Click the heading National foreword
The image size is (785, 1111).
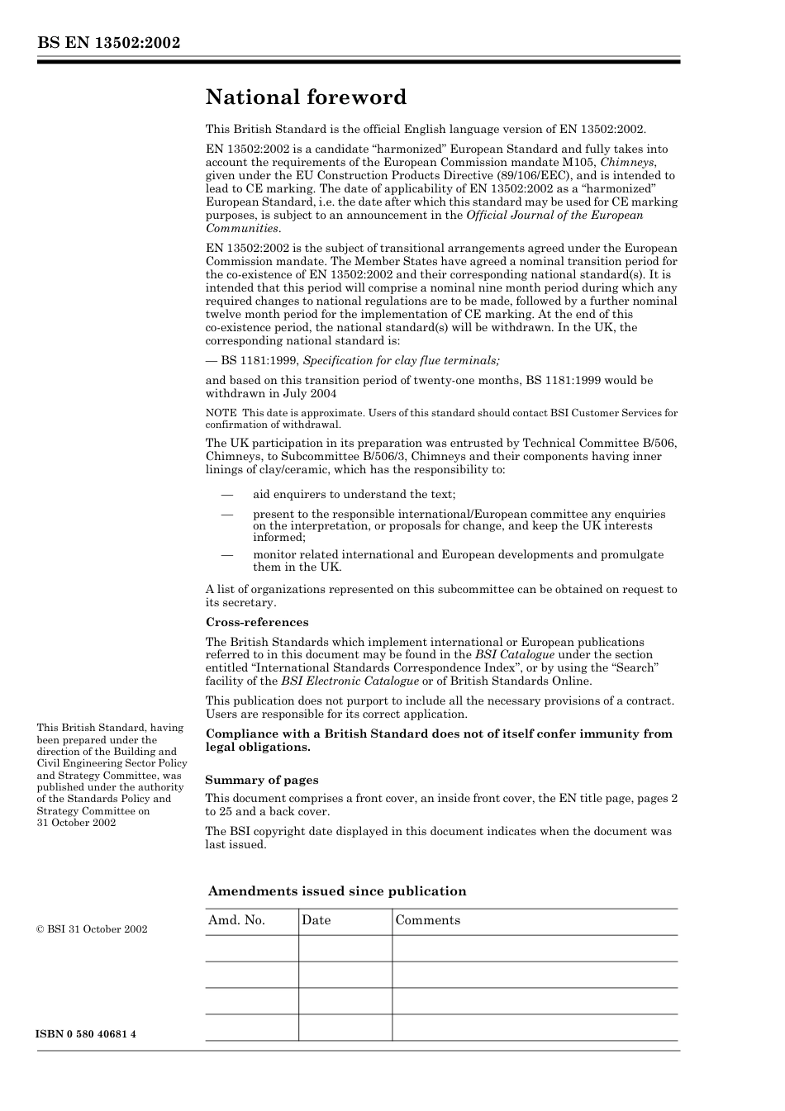click(306, 97)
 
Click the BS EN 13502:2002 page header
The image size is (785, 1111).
click(108, 43)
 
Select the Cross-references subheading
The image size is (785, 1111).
click(256, 622)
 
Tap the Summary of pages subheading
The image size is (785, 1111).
click(261, 780)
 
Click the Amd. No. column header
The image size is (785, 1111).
click(236, 920)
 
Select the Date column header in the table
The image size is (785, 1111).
click(316, 920)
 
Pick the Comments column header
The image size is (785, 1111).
click(427, 920)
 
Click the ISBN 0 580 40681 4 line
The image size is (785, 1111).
click(87, 1034)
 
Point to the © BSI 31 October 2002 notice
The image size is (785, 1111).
click(92, 928)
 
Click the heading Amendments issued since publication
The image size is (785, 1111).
click(336, 891)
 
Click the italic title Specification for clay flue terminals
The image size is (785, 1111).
click(401, 360)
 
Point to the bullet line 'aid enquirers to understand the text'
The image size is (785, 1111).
click(354, 494)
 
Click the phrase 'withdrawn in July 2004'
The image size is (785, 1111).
click(271, 393)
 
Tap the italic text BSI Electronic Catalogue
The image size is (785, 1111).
click(350, 681)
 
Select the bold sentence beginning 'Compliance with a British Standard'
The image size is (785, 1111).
click(439, 740)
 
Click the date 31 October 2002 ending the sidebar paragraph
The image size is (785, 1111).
click(76, 822)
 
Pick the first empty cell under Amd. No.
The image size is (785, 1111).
click(251, 948)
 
